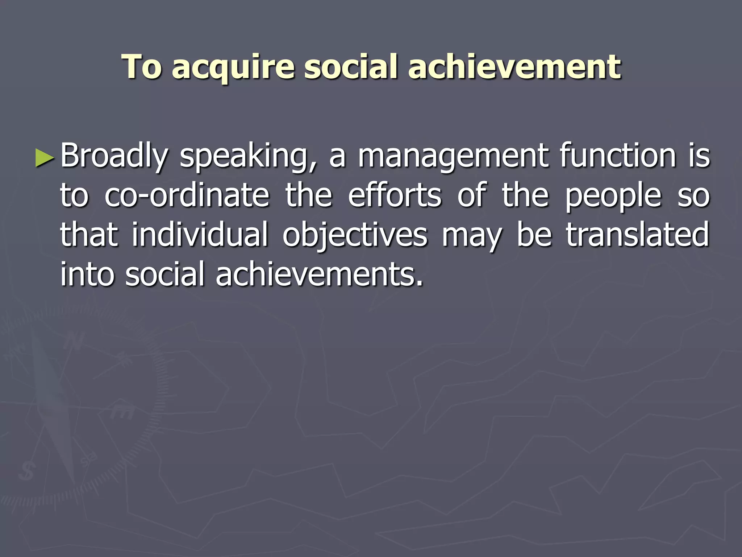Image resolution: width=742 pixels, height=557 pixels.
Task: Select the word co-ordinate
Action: tap(187, 196)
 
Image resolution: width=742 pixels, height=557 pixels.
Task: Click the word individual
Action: tap(200, 235)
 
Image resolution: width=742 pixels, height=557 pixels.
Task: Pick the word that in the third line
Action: tap(89, 235)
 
